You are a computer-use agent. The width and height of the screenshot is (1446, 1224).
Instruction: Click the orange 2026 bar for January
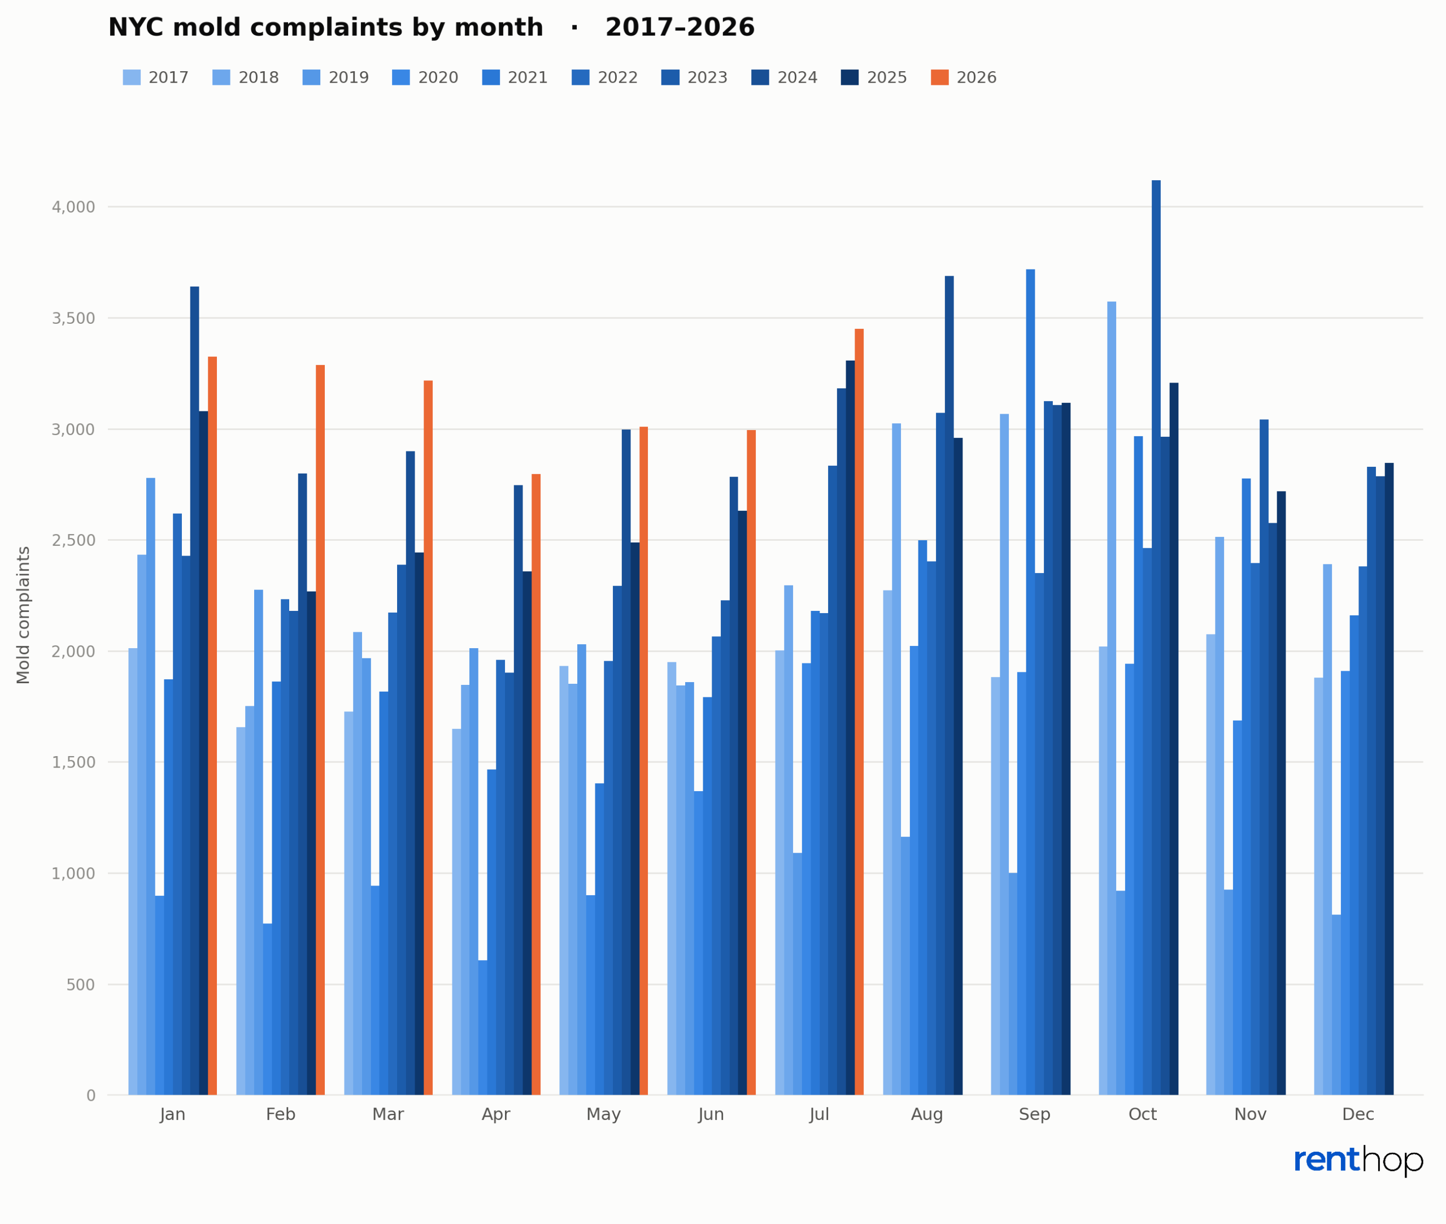coord(212,726)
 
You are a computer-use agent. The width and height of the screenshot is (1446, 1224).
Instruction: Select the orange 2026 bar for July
coord(859,712)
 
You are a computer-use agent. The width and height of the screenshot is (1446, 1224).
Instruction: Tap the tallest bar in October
coord(1156,637)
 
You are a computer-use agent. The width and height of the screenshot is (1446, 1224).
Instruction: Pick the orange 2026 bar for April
coord(536,785)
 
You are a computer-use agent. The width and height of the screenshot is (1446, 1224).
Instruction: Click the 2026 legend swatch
coord(940,78)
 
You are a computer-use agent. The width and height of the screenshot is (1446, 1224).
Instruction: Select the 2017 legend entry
coord(156,78)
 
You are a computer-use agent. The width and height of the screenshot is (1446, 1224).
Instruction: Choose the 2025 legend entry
coord(874,78)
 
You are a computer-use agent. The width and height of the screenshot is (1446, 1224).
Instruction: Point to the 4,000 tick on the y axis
coord(73,207)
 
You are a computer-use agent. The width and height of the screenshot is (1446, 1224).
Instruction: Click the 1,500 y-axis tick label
coord(73,762)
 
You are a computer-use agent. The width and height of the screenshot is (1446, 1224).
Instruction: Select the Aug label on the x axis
coord(927,1115)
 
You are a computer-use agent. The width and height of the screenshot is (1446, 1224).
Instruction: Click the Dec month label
coord(1358,1115)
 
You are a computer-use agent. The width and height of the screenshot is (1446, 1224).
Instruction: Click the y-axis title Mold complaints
coord(24,615)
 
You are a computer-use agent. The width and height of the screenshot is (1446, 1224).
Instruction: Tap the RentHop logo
coord(1358,1161)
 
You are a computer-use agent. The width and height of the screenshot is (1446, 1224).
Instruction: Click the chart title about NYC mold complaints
coord(432,28)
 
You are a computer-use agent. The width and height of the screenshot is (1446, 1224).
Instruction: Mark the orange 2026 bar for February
coord(320,730)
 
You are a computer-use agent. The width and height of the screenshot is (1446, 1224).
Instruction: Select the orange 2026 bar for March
coord(429,737)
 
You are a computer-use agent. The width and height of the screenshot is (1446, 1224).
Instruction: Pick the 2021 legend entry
coord(515,78)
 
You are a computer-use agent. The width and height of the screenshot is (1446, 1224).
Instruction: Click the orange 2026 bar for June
coord(752,762)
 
